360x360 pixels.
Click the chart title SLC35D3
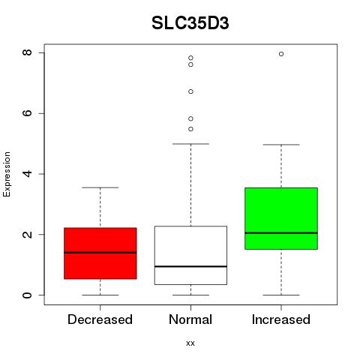pos(190,23)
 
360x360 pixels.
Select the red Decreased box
pos(100,253)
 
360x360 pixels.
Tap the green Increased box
pos(281,218)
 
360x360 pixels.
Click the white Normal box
pos(190,255)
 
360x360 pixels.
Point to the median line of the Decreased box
pos(100,253)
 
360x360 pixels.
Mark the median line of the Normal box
pos(190,266)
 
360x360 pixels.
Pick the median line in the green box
pos(281,232)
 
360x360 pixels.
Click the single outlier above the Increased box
pos(281,54)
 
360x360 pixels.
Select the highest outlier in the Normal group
pos(190,58)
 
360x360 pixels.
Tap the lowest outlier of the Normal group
pos(190,129)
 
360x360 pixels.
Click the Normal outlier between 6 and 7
pos(190,91)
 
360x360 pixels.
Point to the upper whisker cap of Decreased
pos(100,187)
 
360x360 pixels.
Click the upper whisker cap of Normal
pos(190,144)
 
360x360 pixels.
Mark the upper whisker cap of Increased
pos(281,145)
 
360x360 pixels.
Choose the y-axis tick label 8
pos(27,52)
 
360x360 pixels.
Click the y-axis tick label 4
pos(27,174)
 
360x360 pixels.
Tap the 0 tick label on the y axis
pos(27,295)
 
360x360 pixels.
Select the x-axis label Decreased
pos(100,319)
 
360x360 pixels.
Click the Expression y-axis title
pos(7,174)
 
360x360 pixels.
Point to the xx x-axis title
pos(190,343)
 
